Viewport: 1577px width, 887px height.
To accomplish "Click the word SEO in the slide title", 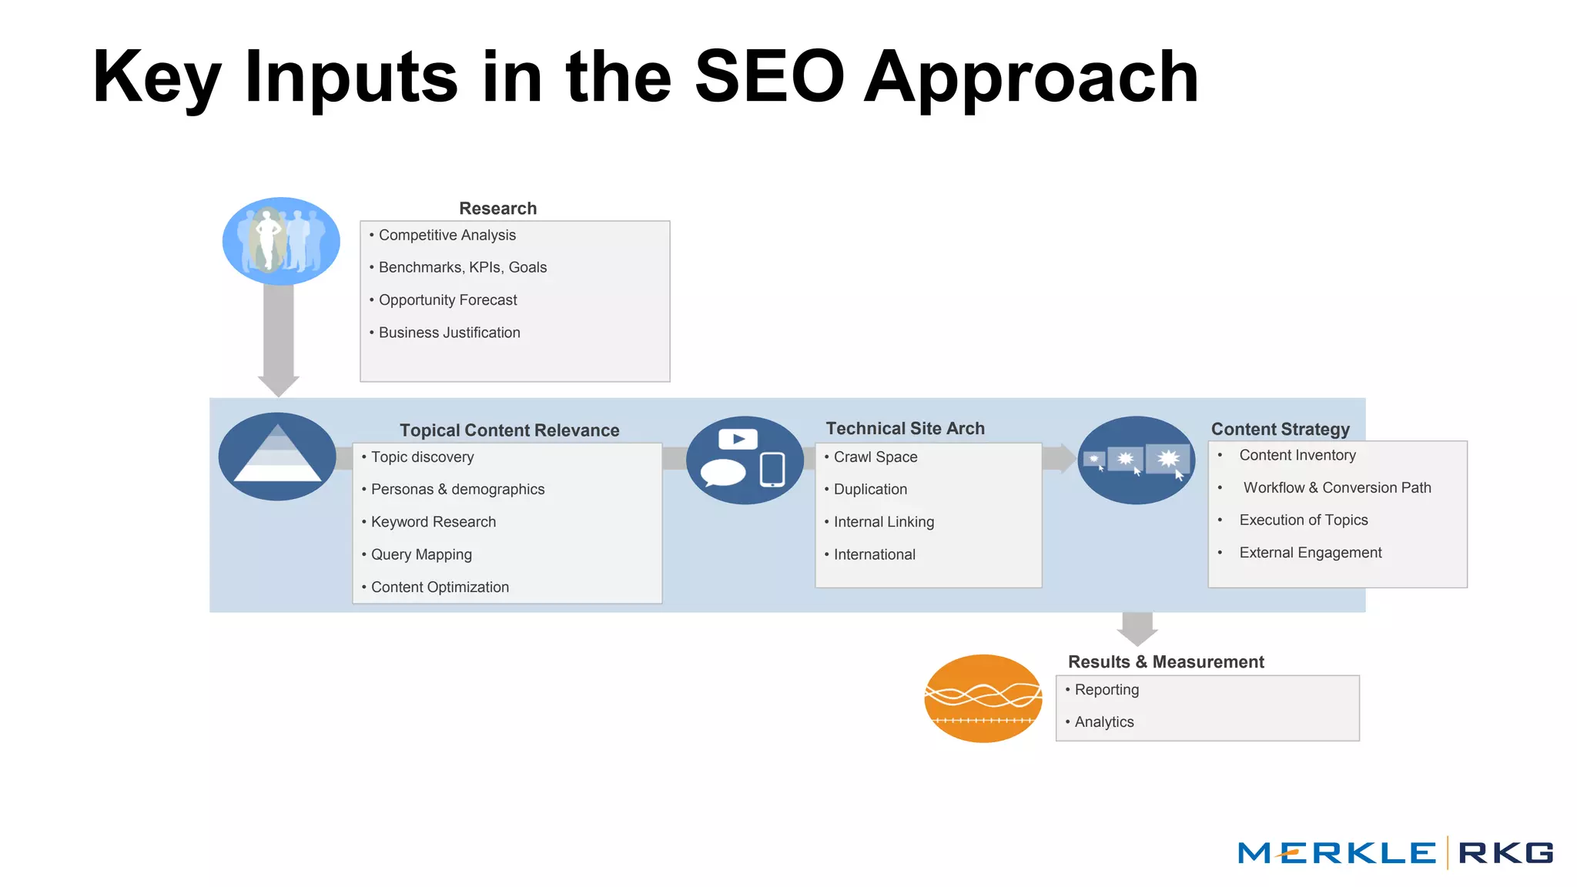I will click(769, 76).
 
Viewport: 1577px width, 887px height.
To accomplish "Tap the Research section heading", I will click(497, 208).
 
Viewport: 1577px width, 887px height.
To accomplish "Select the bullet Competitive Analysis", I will click(447, 235).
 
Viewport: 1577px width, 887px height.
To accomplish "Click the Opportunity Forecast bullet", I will click(447, 300).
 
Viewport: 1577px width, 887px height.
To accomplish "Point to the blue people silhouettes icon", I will click(281, 241).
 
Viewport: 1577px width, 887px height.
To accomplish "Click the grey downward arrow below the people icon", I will click(278, 339).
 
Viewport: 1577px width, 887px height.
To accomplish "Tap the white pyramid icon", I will click(277, 456).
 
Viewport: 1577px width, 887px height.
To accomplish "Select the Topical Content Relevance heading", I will click(509, 430).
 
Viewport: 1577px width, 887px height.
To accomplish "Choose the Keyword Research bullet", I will click(433, 522).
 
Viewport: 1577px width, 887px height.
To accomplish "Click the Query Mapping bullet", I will click(421, 554).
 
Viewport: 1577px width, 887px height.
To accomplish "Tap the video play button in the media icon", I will click(738, 439).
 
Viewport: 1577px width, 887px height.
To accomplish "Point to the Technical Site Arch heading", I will click(905, 428).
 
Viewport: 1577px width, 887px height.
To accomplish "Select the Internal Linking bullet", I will click(883, 522).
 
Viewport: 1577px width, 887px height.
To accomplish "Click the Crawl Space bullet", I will click(876, 457).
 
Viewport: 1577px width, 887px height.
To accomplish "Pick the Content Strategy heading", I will click(1280, 429).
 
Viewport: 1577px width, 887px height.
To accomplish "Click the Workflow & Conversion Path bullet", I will click(1337, 487).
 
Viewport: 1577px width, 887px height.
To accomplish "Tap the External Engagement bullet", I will click(1310, 552).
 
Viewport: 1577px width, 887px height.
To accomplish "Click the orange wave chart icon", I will click(983, 698).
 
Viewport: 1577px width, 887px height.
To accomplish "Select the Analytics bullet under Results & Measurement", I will click(1103, 721).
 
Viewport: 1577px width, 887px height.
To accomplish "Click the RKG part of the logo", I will click(1505, 853).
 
